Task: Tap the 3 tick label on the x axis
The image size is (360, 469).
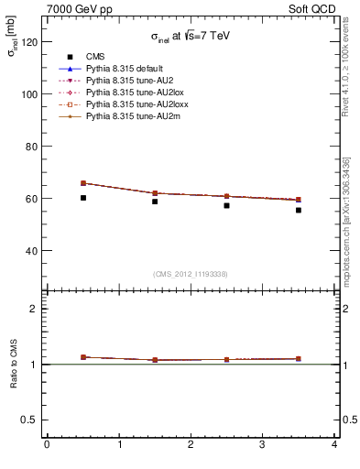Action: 263,445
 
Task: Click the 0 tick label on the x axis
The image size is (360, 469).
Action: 47,445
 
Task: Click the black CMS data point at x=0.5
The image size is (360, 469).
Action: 82,198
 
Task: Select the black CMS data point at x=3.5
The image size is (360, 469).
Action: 299,210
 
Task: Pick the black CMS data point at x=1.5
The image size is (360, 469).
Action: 155,202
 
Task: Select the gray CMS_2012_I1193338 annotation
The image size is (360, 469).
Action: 191,274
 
